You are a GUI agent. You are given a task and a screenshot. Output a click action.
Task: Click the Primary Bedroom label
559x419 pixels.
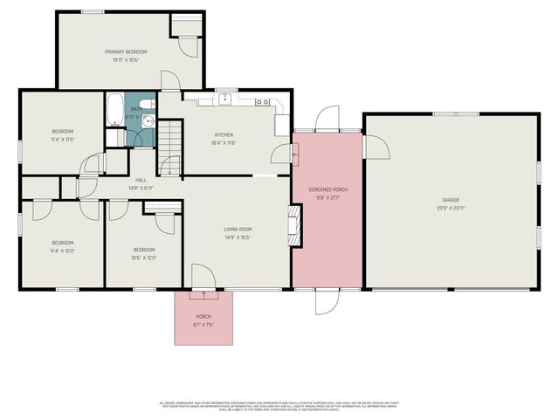(126, 52)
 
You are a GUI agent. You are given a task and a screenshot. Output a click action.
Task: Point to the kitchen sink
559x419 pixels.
(224, 98)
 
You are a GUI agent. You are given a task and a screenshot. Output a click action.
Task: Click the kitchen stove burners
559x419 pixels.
(261, 102)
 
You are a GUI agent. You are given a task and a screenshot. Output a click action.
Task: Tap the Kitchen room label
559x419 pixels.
(224, 134)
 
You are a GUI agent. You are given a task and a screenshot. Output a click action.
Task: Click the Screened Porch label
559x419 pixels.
(328, 189)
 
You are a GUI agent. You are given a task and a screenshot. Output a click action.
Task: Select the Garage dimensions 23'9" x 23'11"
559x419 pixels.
(451, 208)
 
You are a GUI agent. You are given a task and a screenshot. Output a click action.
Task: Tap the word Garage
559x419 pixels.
(451, 200)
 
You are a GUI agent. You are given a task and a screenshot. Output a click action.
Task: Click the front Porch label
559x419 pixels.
(204, 316)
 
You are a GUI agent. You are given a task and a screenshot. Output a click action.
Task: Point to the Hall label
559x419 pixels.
(140, 180)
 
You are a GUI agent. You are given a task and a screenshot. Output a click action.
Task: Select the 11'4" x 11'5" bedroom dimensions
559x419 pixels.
(62, 139)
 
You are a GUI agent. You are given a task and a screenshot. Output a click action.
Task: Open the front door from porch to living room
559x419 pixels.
(203, 278)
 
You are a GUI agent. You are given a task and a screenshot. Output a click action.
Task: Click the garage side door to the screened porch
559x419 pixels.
(375, 147)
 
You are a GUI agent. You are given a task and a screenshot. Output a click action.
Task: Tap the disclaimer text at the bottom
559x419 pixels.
(279, 405)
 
